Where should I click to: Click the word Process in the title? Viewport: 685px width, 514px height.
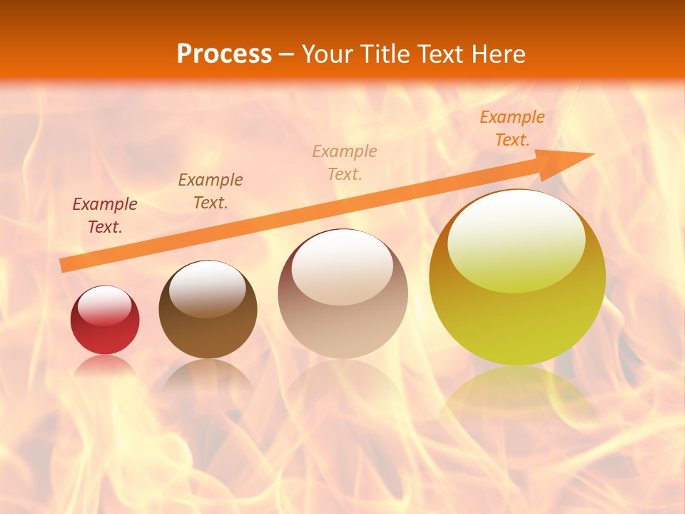click(x=224, y=54)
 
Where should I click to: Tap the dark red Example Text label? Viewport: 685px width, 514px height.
click(x=105, y=216)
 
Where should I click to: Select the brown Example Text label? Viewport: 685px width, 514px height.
click(x=210, y=191)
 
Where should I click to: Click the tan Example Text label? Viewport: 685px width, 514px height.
click(x=345, y=162)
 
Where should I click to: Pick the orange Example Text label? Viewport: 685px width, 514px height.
click(x=512, y=128)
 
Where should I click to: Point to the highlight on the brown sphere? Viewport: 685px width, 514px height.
click(x=207, y=288)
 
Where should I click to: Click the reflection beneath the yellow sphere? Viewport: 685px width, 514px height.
click(x=517, y=393)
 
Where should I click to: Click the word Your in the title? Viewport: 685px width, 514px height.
click(x=325, y=54)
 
